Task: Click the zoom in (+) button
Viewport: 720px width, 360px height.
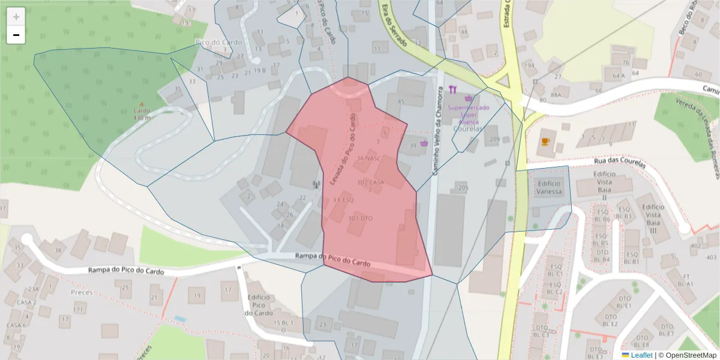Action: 16,17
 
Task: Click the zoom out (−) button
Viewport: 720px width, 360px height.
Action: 16,35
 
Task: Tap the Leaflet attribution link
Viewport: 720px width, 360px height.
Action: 641,355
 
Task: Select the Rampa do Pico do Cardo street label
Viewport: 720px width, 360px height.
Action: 332,260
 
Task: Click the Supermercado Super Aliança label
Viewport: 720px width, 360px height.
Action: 468,114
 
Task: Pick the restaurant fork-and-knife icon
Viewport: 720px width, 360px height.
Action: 452,91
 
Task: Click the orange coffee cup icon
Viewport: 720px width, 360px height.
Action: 545,142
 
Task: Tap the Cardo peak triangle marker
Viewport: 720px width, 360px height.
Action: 142,104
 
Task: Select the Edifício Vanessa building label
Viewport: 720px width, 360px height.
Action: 550,188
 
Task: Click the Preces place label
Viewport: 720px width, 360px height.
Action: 82,292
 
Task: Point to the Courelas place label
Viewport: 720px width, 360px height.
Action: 469,128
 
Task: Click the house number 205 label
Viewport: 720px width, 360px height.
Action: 463,188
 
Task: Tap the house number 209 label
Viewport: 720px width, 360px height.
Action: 494,140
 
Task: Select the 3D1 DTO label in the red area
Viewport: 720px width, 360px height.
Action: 361,218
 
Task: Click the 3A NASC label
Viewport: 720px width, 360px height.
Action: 369,158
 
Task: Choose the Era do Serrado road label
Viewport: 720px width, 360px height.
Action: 393,27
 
